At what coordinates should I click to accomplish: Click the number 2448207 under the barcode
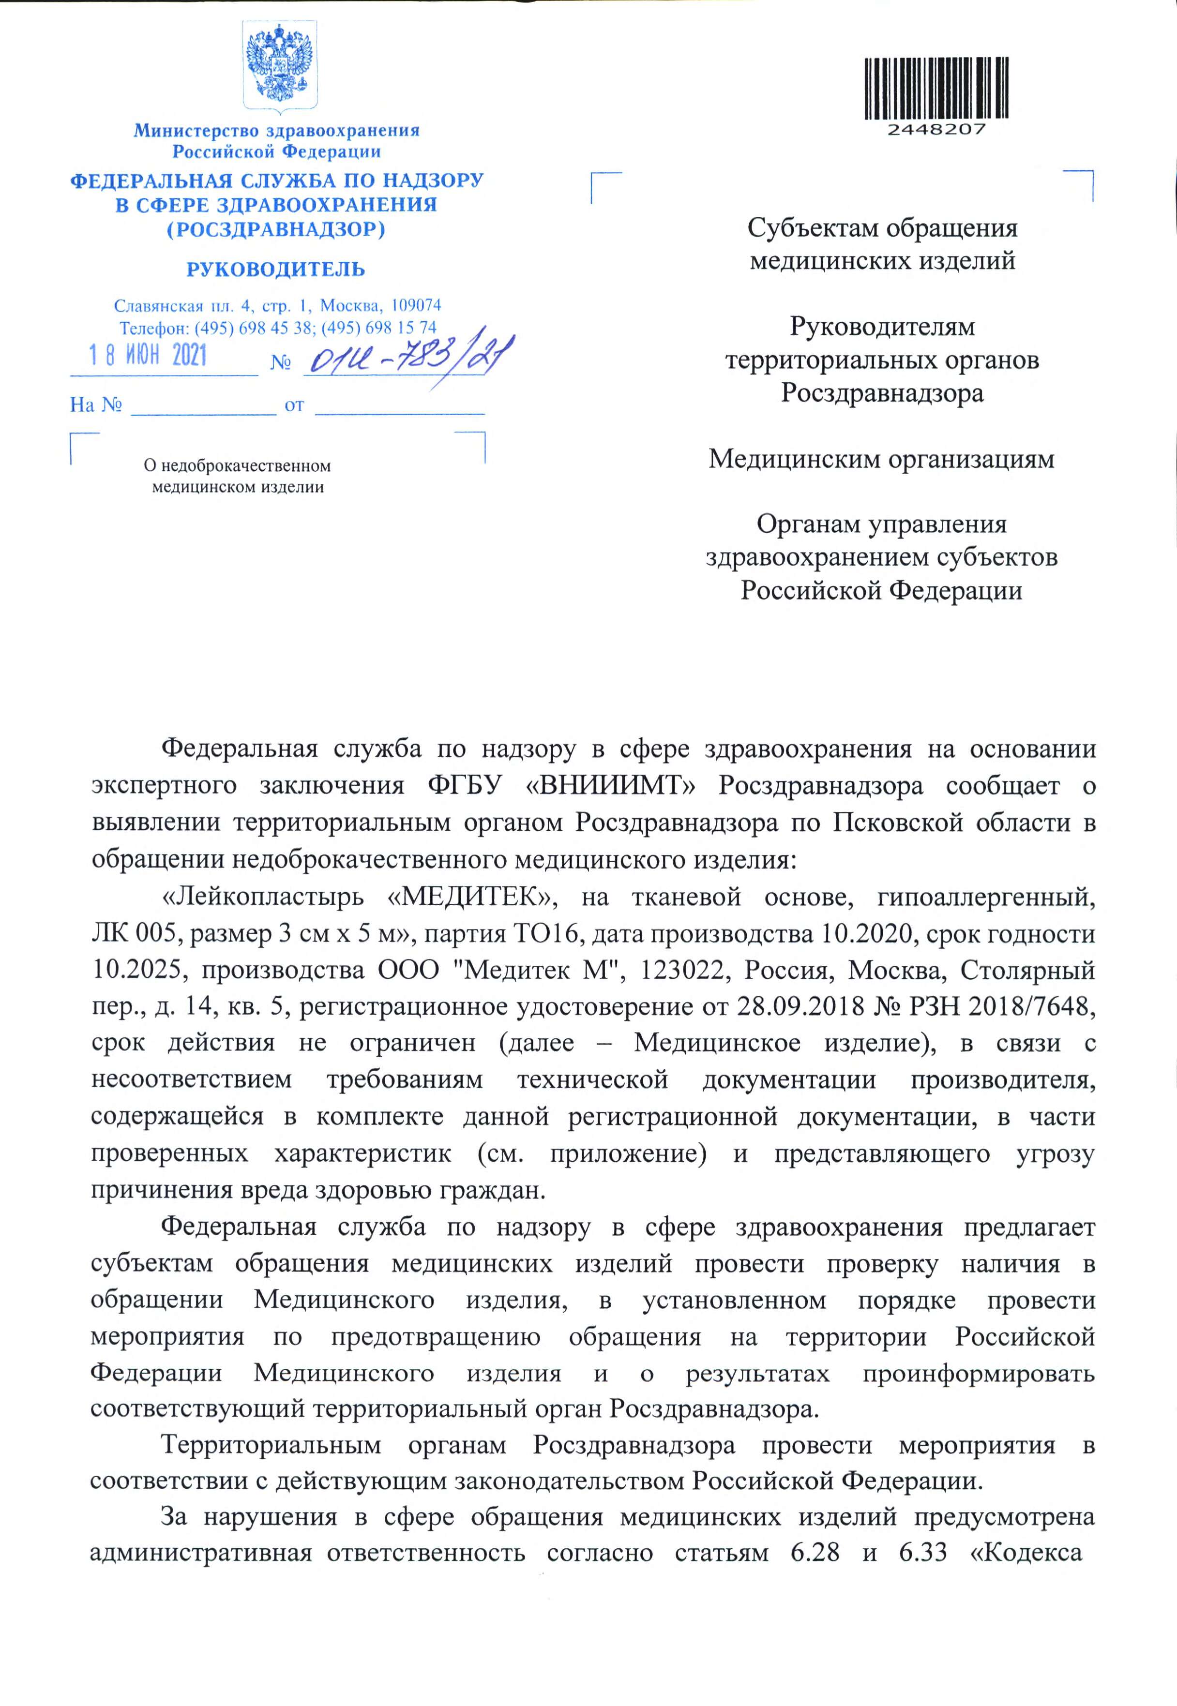pyautogui.click(x=936, y=130)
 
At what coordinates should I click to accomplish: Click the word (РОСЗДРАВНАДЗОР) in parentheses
pyautogui.click(x=276, y=229)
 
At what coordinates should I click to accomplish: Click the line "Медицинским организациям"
pyautogui.click(x=881, y=459)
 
